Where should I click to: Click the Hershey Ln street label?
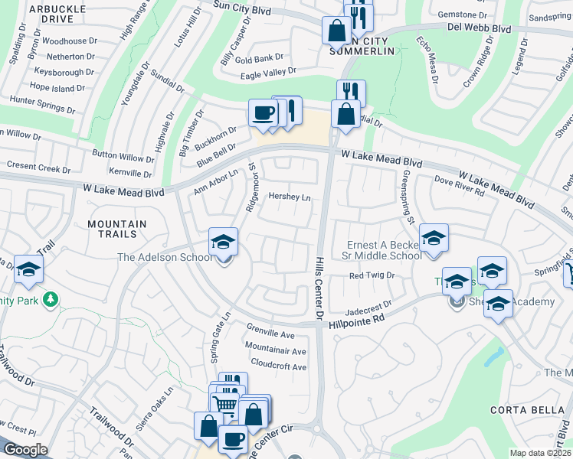[x=290, y=197]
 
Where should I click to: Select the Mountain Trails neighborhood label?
[x=116, y=230]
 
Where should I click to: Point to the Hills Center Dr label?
[x=319, y=288]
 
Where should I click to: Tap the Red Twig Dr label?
[x=371, y=275]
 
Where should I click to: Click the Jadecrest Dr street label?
[x=368, y=305]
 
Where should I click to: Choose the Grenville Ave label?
[x=270, y=335]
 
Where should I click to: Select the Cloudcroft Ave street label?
[x=278, y=366]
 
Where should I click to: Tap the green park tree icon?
[x=51, y=298]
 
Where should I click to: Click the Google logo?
[x=25, y=450]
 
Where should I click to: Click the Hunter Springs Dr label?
[x=41, y=105]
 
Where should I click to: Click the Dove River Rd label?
[x=460, y=188]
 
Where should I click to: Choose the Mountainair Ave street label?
[x=276, y=351]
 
